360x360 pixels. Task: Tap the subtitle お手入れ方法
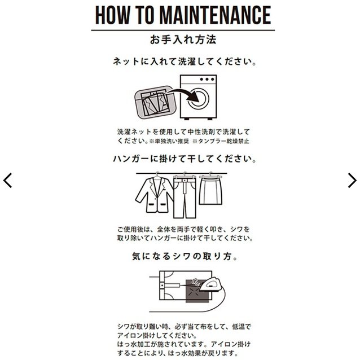(180, 40)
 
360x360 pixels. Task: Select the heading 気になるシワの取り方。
(180, 257)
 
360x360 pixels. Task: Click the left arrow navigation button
(8, 180)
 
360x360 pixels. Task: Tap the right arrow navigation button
(352, 180)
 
